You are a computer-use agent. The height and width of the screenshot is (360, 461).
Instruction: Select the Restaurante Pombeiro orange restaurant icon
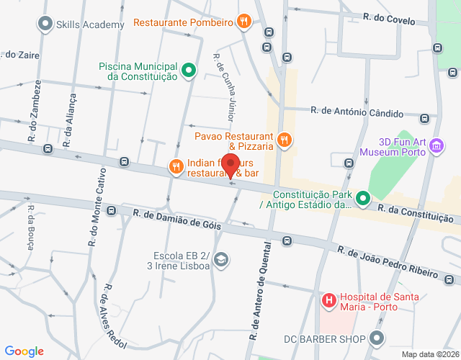tap(245, 22)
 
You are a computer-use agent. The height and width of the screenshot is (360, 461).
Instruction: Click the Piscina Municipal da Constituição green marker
tap(189, 70)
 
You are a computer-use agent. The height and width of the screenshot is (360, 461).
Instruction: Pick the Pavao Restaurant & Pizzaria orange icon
tap(285, 140)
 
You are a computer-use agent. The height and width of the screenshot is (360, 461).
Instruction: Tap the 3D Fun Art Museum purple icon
tap(435, 147)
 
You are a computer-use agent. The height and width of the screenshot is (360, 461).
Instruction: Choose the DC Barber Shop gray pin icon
tap(376, 338)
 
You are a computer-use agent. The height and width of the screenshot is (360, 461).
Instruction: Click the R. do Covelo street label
tap(389, 20)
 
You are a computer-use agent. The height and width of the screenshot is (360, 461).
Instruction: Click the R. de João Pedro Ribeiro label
tap(388, 262)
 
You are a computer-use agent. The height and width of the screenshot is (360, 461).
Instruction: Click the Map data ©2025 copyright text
tap(429, 354)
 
